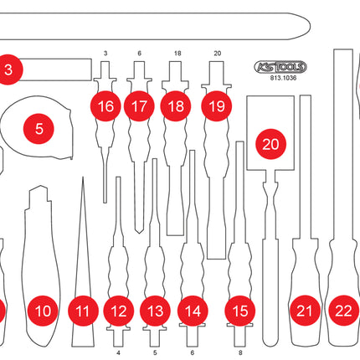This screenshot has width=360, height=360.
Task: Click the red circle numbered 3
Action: [x=7, y=70]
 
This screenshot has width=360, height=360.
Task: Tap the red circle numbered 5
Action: [x=39, y=128]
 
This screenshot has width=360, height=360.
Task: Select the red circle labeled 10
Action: [x=43, y=311]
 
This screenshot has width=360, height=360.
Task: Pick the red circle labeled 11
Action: [x=81, y=311]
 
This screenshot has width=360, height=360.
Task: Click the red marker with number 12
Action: [x=119, y=311]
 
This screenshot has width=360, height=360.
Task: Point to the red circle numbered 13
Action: [x=154, y=311]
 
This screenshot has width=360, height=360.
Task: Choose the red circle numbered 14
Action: [x=193, y=311]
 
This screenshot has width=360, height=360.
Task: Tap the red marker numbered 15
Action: [x=240, y=311]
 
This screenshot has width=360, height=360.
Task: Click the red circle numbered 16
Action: [x=105, y=107]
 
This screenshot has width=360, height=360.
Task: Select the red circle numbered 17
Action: [x=139, y=107]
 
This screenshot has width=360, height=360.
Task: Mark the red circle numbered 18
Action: [x=175, y=107]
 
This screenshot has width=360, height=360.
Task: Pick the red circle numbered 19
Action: [x=216, y=107]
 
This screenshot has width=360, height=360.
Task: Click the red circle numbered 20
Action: [x=270, y=143]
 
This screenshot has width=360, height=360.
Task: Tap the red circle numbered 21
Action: [x=305, y=311]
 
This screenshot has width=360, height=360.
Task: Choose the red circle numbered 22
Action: [x=342, y=311]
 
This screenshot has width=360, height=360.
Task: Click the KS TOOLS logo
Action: [x=280, y=67]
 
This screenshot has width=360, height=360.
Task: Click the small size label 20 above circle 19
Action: [x=217, y=53]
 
